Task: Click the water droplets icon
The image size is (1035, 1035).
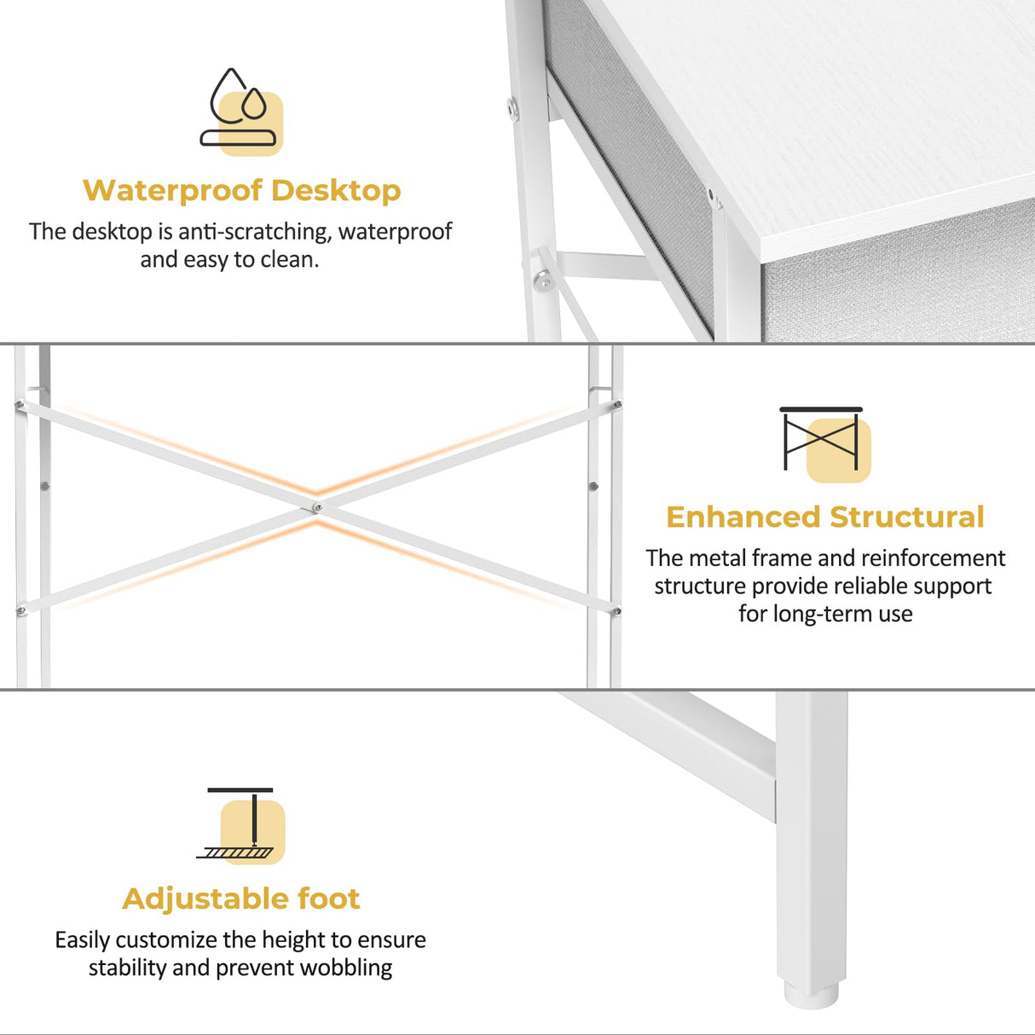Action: (x=240, y=110)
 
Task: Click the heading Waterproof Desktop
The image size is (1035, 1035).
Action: (x=241, y=190)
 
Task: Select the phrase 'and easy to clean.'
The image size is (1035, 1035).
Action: (x=229, y=259)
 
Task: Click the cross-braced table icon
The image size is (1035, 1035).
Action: (x=823, y=441)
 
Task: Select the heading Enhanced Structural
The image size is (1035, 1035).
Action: (x=824, y=517)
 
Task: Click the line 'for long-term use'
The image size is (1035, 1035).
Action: (x=824, y=614)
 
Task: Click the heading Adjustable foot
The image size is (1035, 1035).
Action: (x=241, y=899)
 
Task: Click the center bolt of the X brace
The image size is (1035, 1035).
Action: (x=317, y=508)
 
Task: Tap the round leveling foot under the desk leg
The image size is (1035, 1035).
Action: (x=810, y=994)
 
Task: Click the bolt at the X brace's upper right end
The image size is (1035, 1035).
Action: (x=617, y=406)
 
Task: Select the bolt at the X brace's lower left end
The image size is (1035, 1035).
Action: (x=21, y=610)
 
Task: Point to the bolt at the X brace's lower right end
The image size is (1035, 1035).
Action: (x=616, y=610)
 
